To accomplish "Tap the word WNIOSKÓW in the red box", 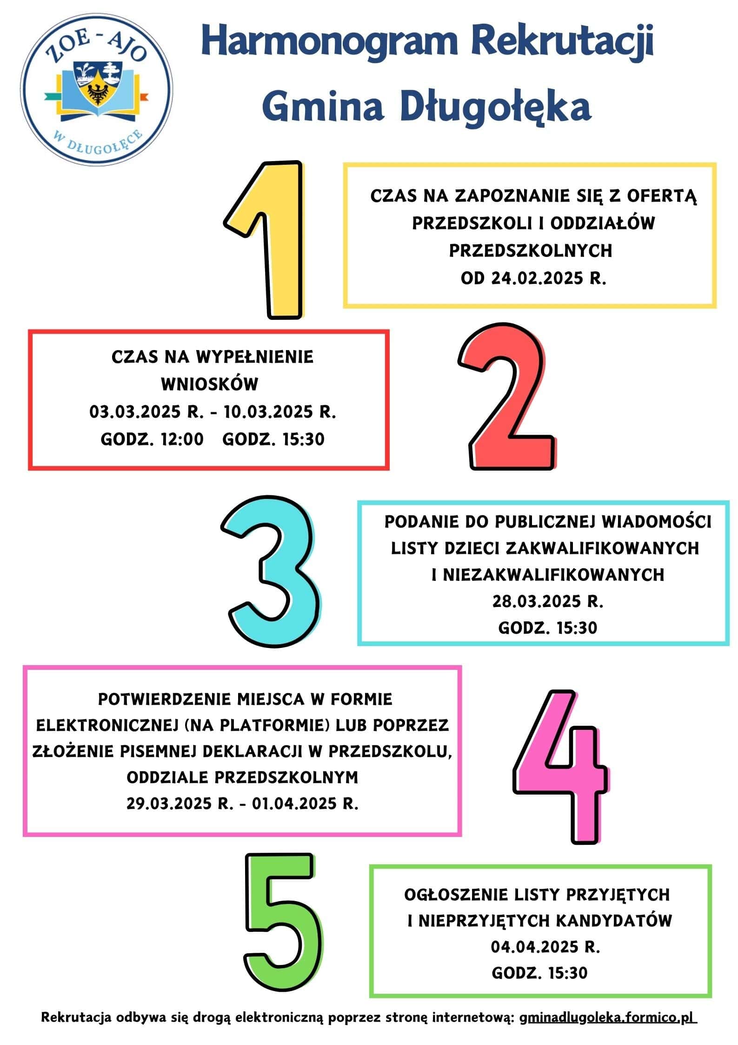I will click(x=210, y=384).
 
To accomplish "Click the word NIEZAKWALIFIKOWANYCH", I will click(x=553, y=575).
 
